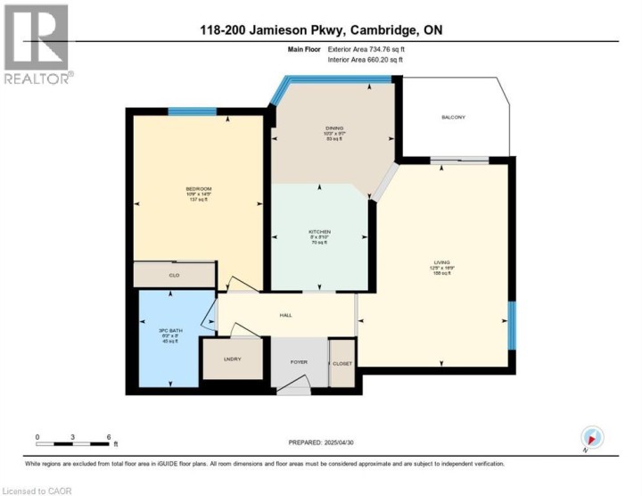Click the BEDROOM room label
tap(198, 188)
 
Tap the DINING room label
tap(334, 128)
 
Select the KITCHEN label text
tap(319, 232)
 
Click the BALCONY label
tap(453, 117)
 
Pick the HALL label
tap(286, 314)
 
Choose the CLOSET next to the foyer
tap(342, 363)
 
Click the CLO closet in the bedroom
tap(175, 276)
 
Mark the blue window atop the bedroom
tap(185, 112)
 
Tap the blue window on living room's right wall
tap(512, 325)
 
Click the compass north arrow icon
tap(592, 437)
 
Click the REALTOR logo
tap(37, 45)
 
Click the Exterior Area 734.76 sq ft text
tap(366, 51)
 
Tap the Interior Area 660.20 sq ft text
tap(366, 60)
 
